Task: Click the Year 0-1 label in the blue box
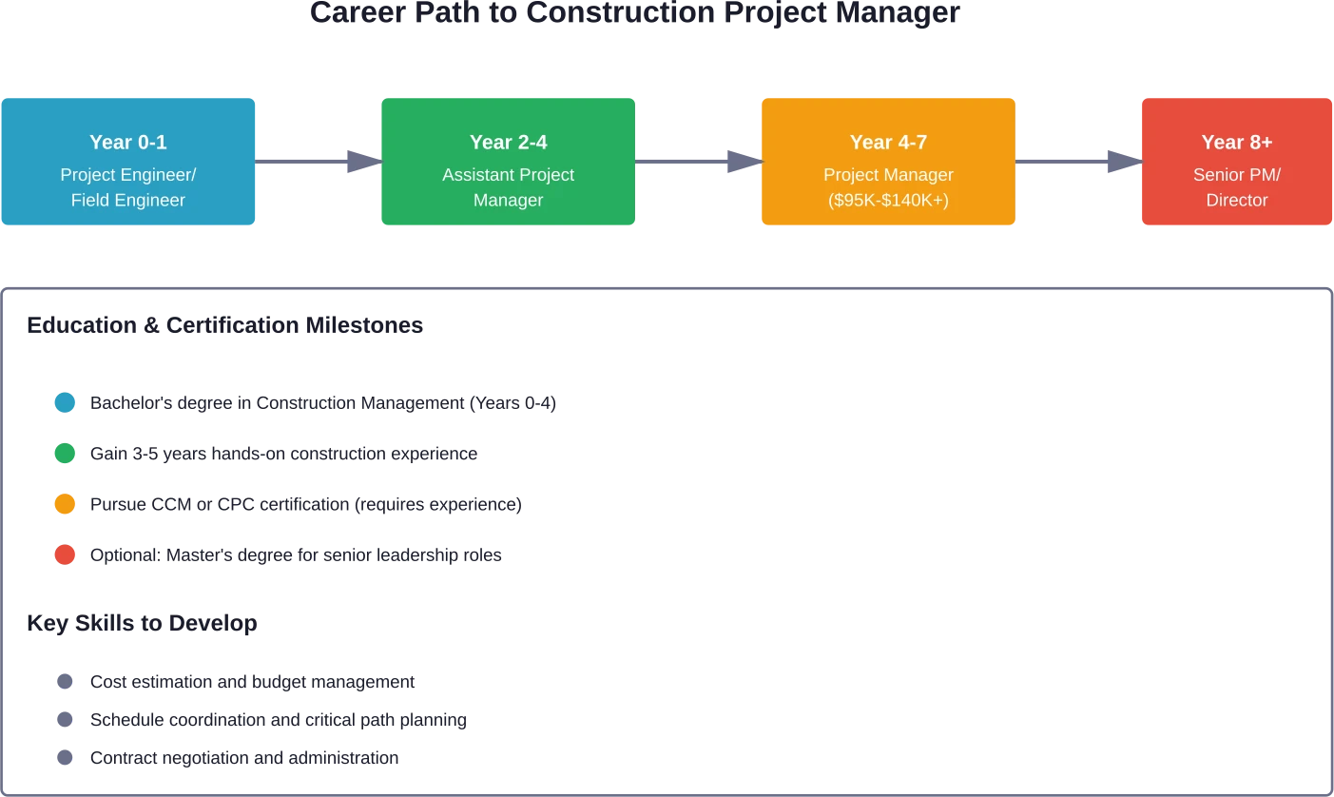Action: (x=128, y=142)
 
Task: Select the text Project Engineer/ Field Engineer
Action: (x=128, y=187)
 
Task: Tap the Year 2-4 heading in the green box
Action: (x=509, y=142)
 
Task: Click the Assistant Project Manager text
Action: (x=509, y=187)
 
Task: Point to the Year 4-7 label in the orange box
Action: (x=888, y=142)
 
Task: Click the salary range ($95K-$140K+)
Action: (x=888, y=201)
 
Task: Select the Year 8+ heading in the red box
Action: (x=1236, y=142)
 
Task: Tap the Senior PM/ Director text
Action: (x=1236, y=187)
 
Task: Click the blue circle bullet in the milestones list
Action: (x=65, y=403)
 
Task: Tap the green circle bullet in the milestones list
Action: (x=65, y=454)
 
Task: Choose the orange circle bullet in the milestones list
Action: (x=65, y=504)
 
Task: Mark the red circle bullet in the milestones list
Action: (x=65, y=554)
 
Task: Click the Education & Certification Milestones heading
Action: (x=223, y=325)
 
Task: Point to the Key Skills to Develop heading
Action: (x=140, y=624)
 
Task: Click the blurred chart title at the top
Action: (x=632, y=12)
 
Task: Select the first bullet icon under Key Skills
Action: (x=65, y=681)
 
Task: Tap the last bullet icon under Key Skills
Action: (x=65, y=758)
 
